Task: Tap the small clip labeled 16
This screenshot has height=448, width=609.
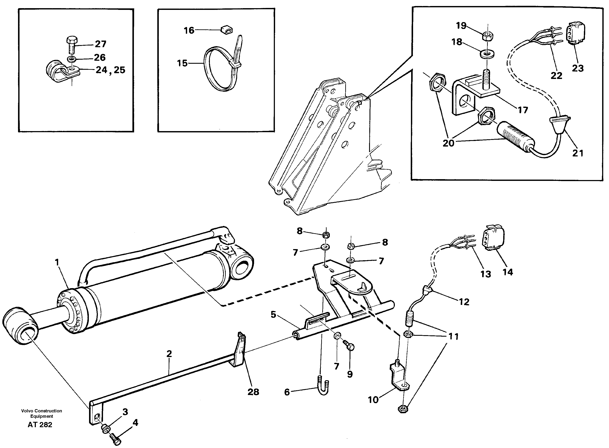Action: coord(227,30)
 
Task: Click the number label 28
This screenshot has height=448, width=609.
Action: coord(253,392)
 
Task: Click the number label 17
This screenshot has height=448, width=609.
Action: coord(523,110)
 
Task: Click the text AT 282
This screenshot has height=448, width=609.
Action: coord(40,425)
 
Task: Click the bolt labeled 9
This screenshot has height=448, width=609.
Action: coord(349,346)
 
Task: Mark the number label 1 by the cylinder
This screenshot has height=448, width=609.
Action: coord(57,262)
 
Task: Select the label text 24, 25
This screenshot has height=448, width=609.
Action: coord(110,70)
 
